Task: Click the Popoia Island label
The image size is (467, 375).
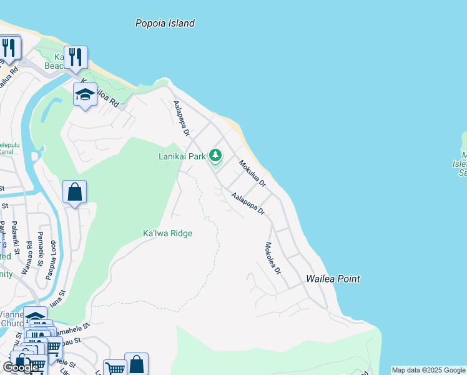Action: pyautogui.click(x=165, y=23)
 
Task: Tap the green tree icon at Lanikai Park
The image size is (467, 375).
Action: pyautogui.click(x=215, y=154)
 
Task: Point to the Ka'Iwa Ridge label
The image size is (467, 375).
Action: pyautogui.click(x=167, y=233)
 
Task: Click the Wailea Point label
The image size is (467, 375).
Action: pyautogui.click(x=333, y=279)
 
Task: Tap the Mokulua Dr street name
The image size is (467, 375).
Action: pyautogui.click(x=252, y=174)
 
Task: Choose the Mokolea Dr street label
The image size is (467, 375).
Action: pyautogui.click(x=273, y=258)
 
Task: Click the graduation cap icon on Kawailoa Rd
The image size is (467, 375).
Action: pyautogui.click(x=85, y=94)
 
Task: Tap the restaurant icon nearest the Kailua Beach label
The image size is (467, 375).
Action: pyautogui.click(x=75, y=57)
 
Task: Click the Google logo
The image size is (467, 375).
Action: pyautogui.click(x=21, y=367)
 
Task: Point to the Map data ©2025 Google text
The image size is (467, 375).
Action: pyautogui.click(x=428, y=370)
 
